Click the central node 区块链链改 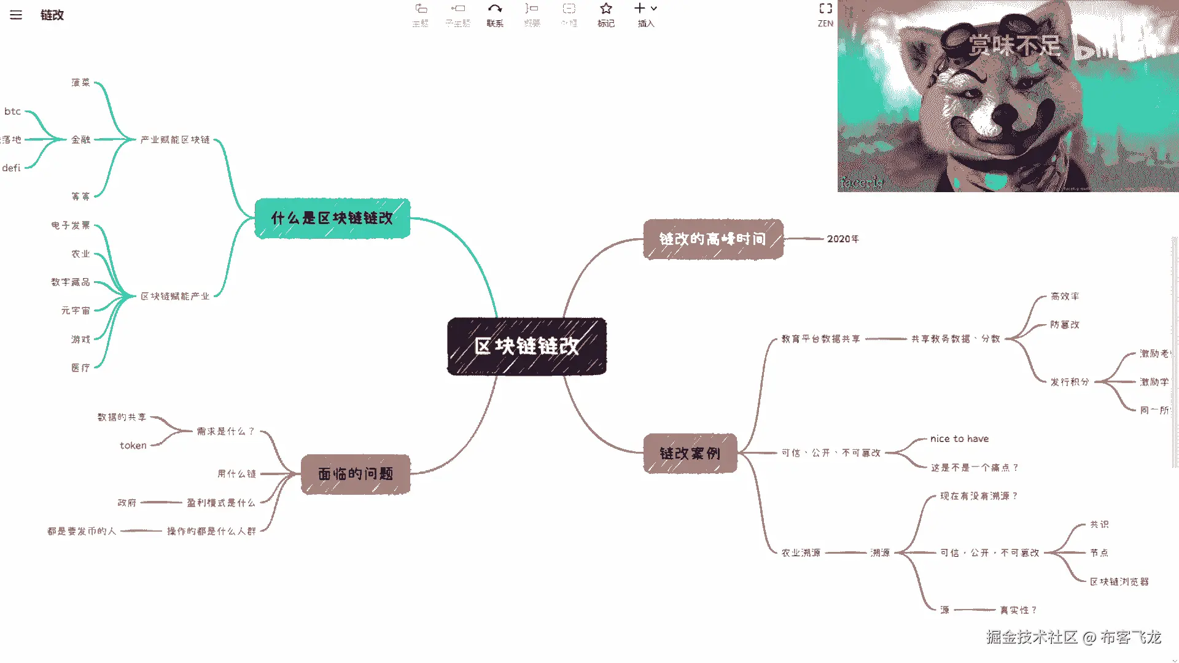pos(526,346)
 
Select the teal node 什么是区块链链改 pos(332,218)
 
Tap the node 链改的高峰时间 pos(713,239)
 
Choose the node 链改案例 pos(690,454)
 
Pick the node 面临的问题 pos(356,474)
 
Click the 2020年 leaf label pos(842,239)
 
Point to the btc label pos(13,111)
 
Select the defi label pos(11,168)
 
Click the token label pos(133,446)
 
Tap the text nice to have pos(959,439)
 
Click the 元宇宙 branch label pos(76,311)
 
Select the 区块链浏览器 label pos(1119,581)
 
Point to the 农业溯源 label pos(801,552)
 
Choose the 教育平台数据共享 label pos(820,339)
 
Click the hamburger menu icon pos(16,15)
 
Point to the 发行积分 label pos(1069,382)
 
